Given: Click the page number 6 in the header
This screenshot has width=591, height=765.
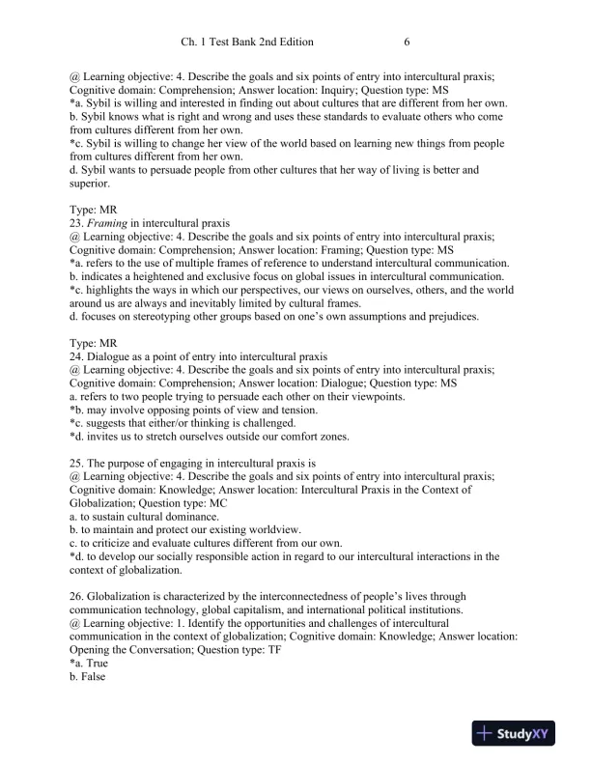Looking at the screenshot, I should (x=408, y=42).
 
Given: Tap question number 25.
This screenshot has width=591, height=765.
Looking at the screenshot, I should (x=77, y=464).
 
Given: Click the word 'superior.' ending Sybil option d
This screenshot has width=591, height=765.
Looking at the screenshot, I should (x=90, y=184).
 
